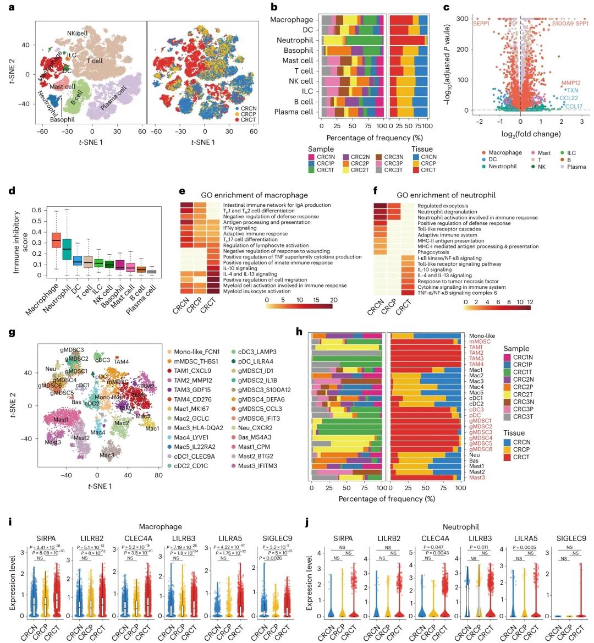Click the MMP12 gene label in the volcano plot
click(571, 83)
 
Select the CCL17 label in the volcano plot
click(574, 107)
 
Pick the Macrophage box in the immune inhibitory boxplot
click(56, 240)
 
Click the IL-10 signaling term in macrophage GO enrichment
click(240, 268)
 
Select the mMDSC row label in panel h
click(480, 342)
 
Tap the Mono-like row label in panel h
click(482, 336)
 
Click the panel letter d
click(12, 192)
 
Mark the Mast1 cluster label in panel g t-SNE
click(62, 420)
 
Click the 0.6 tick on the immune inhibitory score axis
click(35, 210)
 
